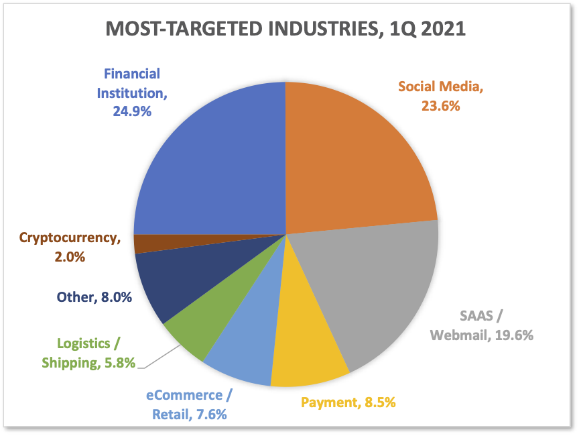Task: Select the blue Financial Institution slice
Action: click(214, 161)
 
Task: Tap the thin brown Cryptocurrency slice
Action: click(143, 243)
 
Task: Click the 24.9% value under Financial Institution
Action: click(132, 110)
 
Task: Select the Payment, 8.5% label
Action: click(348, 403)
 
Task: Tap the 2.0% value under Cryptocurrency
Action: click(70, 256)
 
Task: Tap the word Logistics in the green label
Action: click(76, 343)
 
